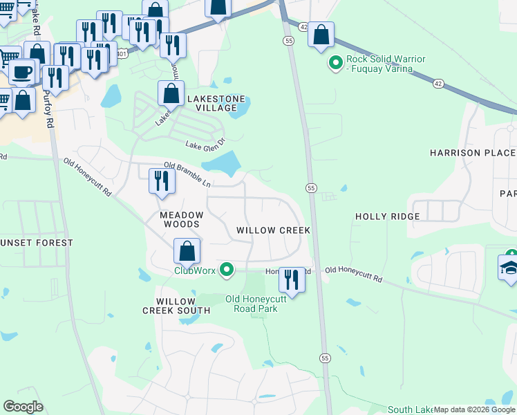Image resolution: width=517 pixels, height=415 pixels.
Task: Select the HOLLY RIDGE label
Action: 387,216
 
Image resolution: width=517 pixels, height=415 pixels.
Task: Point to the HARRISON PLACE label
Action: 472,153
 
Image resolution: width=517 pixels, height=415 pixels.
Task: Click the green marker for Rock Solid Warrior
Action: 336,64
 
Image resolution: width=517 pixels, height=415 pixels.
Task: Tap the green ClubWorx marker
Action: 226,270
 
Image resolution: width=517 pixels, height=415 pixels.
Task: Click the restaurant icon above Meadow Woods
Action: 161,181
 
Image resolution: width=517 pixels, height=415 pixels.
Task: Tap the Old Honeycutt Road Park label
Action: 252,304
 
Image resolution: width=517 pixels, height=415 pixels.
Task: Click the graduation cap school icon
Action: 509,268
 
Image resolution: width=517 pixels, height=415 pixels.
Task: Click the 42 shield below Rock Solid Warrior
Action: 438,83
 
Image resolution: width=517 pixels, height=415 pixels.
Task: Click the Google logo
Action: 23,407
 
